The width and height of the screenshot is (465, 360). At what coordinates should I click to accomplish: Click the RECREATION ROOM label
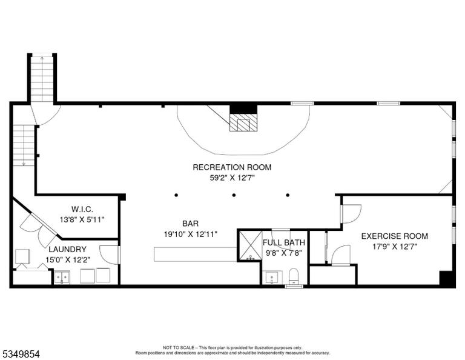pos(232,167)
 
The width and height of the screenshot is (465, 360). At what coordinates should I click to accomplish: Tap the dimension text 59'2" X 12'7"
pos(232,178)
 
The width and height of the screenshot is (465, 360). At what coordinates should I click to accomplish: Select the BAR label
pos(190,223)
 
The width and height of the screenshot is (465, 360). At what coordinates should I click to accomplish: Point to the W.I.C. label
pos(82,209)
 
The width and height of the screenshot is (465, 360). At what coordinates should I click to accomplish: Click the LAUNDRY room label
pos(68,249)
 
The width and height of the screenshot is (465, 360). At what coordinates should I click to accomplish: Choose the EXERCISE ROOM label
pos(394,236)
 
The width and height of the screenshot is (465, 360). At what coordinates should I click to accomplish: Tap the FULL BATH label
pos(284,242)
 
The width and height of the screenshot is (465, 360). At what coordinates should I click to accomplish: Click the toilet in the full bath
pos(293,276)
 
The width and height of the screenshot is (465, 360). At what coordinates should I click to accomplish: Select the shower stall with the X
pos(250,245)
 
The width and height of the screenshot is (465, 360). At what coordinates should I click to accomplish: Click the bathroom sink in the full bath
pos(272,277)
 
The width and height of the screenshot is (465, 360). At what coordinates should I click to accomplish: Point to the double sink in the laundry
pos(62,277)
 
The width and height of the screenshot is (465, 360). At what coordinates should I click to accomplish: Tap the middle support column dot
pos(234,195)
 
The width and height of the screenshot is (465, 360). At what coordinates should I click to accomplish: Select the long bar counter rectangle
pos(196,255)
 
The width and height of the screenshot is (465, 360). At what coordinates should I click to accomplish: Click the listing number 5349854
pos(21,354)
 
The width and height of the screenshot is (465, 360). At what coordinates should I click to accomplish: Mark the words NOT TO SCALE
pos(178,347)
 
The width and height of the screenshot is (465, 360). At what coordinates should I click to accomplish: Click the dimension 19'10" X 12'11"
pos(191,234)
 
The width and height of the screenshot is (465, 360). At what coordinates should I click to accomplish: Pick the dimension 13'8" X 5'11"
pos(82,220)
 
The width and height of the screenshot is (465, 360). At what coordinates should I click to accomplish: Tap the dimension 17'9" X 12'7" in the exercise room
pos(395,247)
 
